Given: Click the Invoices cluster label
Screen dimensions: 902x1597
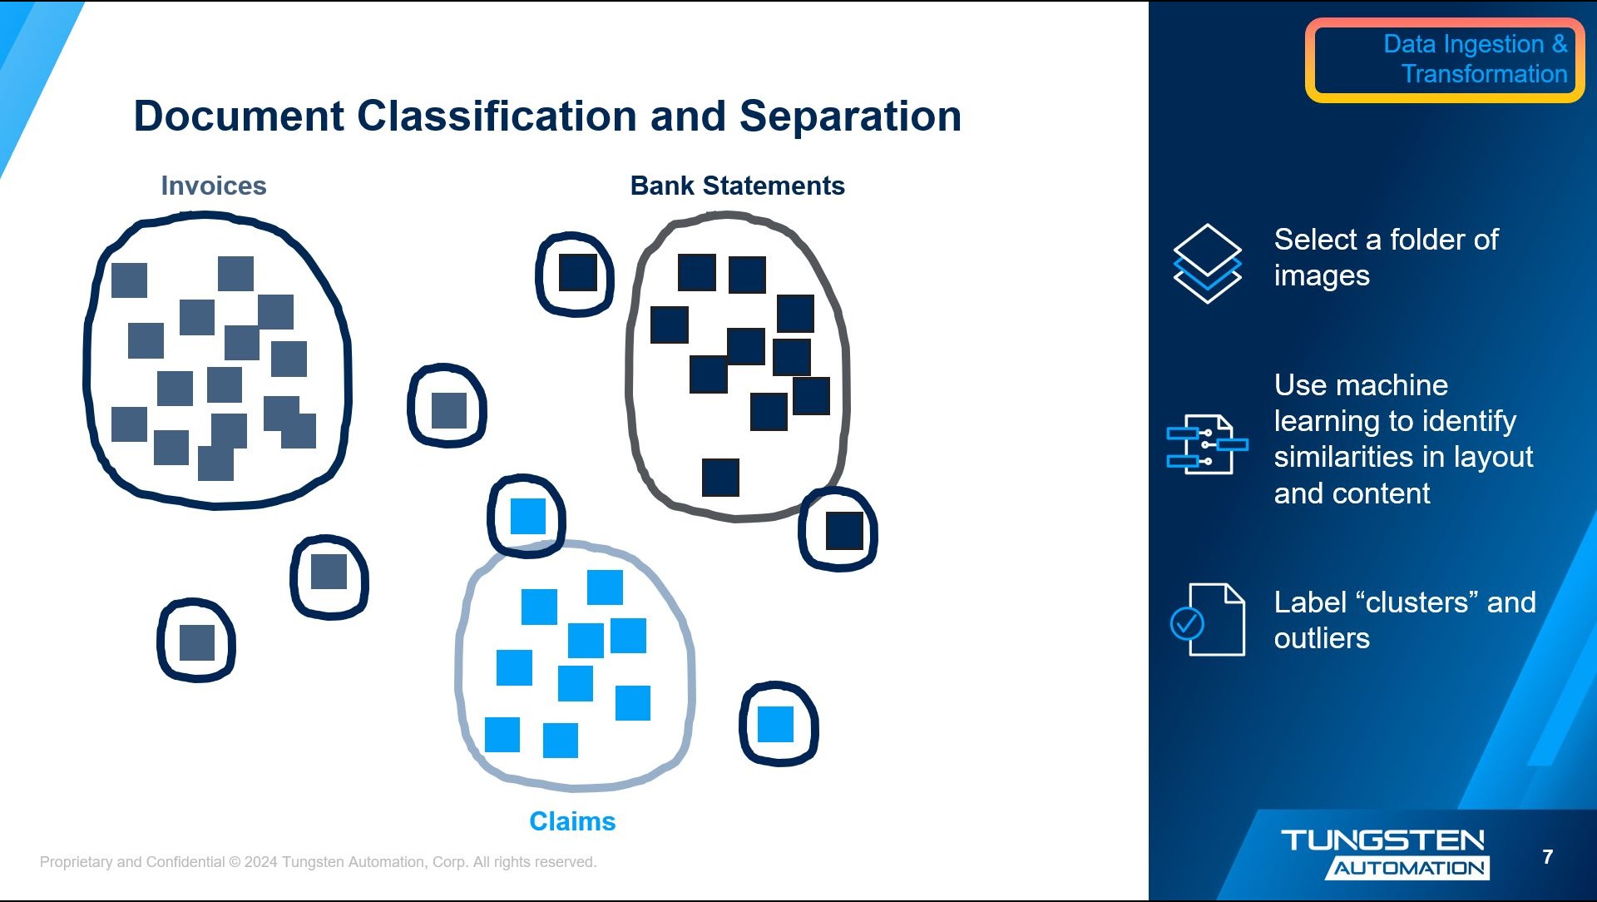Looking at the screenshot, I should tap(214, 186).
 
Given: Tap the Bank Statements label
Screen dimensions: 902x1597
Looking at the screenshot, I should tap(737, 186).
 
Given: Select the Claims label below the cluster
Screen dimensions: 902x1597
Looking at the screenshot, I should tap(572, 821).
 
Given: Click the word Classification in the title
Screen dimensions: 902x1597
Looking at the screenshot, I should tap(497, 116).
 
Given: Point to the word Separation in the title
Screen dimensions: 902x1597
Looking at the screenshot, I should tap(850, 116).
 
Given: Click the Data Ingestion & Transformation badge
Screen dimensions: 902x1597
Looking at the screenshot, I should tap(1445, 60).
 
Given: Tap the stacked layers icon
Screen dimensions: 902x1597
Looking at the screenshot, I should tap(1207, 263).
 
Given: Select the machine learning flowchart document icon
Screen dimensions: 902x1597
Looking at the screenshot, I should tap(1207, 444).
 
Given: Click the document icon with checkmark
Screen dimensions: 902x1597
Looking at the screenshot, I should tap(1208, 620).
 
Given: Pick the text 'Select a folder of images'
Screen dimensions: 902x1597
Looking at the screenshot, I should tap(1386, 257).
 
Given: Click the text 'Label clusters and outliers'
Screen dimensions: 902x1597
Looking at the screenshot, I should tap(1404, 620).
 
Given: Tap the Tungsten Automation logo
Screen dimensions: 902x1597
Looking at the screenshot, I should tap(1384, 853).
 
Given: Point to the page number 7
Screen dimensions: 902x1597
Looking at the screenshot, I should tap(1547, 856).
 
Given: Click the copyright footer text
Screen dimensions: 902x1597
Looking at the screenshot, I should tap(318, 862).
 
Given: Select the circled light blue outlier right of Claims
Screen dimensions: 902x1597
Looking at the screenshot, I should tap(776, 724).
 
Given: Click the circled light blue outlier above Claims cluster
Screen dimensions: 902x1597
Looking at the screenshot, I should tap(527, 516).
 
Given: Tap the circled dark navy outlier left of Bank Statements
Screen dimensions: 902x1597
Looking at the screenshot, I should tap(577, 273).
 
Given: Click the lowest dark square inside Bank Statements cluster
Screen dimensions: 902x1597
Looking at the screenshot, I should tap(720, 478).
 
